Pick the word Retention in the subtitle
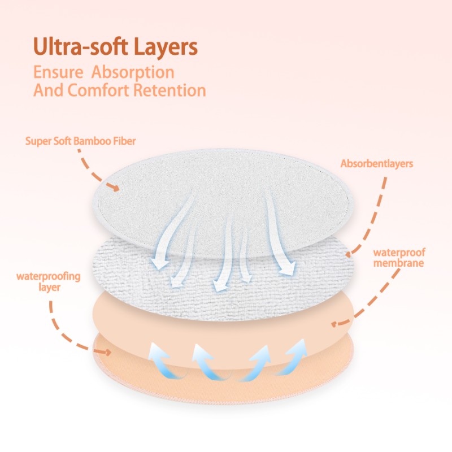pos(176,90)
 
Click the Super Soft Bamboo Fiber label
pos(81,141)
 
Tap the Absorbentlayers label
pos(377,164)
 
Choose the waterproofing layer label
pos(49,281)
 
